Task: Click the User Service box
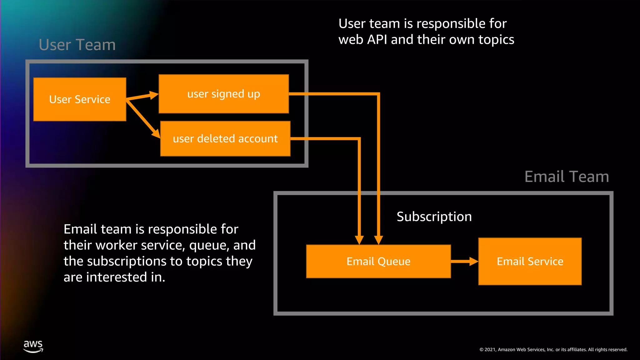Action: [x=80, y=99]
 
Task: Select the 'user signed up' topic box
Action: [x=223, y=94]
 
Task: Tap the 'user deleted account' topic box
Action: [x=225, y=138]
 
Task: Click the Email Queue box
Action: [x=378, y=261]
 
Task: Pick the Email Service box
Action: [x=530, y=261]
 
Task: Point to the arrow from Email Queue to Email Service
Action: [x=464, y=261]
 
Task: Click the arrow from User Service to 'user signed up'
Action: [x=142, y=96]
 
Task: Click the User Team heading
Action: [x=77, y=45]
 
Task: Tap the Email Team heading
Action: [x=567, y=177]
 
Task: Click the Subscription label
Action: [x=434, y=217]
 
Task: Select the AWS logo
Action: [x=33, y=346]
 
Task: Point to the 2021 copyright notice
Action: [x=553, y=350]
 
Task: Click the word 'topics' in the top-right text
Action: [x=496, y=40]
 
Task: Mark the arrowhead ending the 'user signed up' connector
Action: [x=378, y=240]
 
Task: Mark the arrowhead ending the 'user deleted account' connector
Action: [x=359, y=240]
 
